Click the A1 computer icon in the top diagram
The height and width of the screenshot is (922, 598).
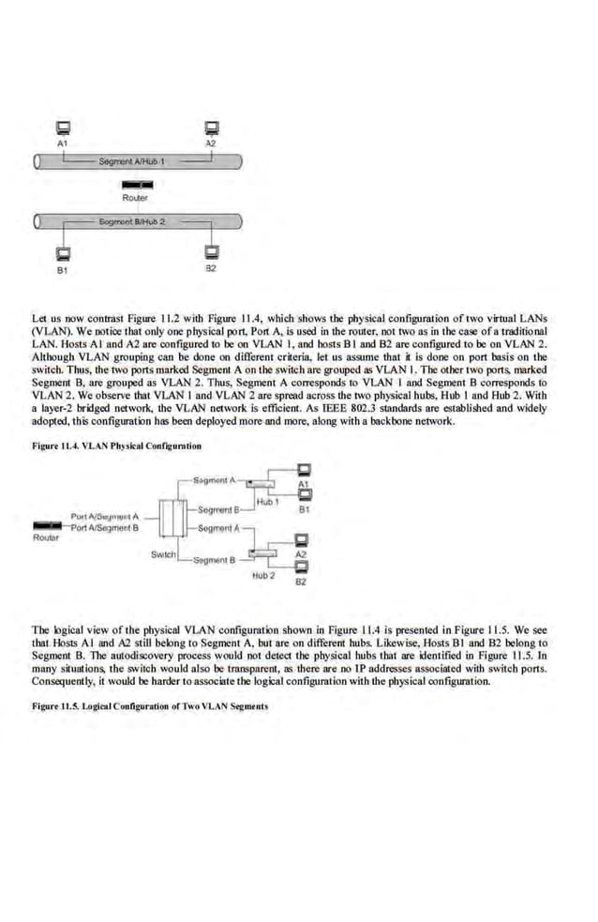pyautogui.click(x=63, y=129)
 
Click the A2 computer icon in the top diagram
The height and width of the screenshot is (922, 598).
pyautogui.click(x=211, y=129)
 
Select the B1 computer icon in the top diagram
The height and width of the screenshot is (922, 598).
pyautogui.click(x=63, y=252)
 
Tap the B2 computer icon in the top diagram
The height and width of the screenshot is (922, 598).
pyautogui.click(x=211, y=252)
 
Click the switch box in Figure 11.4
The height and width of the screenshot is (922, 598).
pyautogui.click(x=171, y=516)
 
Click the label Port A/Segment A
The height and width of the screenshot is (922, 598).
pyautogui.click(x=104, y=516)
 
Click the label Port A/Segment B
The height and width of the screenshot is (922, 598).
pyautogui.click(x=104, y=526)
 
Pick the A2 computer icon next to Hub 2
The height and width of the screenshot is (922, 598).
pyautogui.click(x=301, y=540)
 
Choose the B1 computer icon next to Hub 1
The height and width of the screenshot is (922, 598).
pyautogui.click(x=303, y=495)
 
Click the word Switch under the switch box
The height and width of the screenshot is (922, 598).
pyautogui.click(x=164, y=554)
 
